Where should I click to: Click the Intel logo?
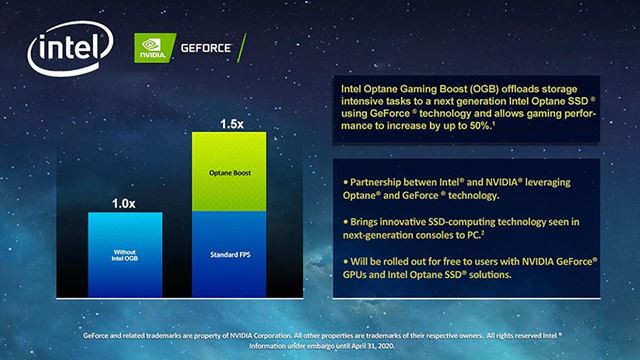[69, 49]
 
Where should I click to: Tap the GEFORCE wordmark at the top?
[206, 46]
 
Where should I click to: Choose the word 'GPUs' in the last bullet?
[359, 273]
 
